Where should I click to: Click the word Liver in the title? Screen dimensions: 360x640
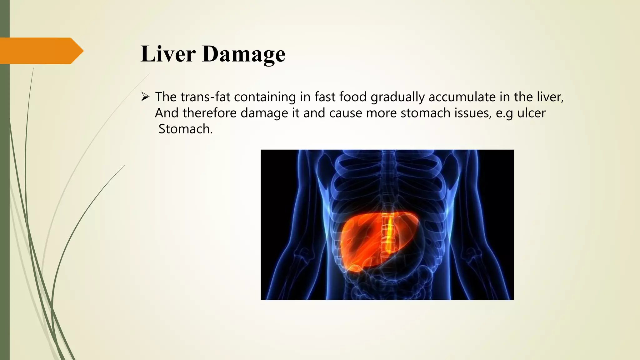[x=168, y=53]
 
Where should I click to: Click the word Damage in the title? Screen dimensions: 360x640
[x=243, y=54]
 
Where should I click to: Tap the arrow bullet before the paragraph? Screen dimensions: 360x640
[x=145, y=97]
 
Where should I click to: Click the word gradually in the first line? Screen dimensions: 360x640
[x=397, y=97]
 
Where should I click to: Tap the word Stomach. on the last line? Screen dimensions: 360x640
[x=185, y=129]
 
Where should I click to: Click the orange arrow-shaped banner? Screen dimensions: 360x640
[x=41, y=51]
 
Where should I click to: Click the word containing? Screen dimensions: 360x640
[x=265, y=97]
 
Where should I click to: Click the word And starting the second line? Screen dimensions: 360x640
[x=167, y=113]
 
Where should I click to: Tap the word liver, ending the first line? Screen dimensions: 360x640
[x=550, y=97]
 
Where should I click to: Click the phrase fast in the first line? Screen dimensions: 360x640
[x=325, y=97]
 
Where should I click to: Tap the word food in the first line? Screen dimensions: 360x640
[x=353, y=97]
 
